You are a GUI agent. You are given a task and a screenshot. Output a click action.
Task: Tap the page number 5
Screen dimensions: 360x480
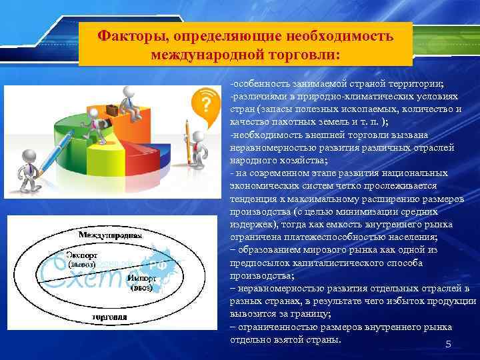[448, 344]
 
